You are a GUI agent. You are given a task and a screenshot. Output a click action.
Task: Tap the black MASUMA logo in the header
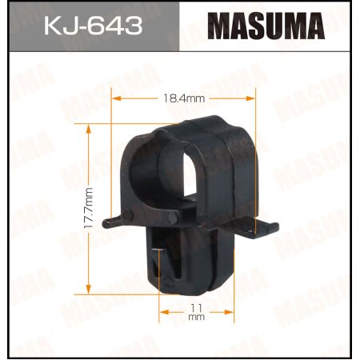pos(267,27)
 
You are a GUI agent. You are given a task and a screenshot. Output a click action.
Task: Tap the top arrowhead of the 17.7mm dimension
pos(88,127)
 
